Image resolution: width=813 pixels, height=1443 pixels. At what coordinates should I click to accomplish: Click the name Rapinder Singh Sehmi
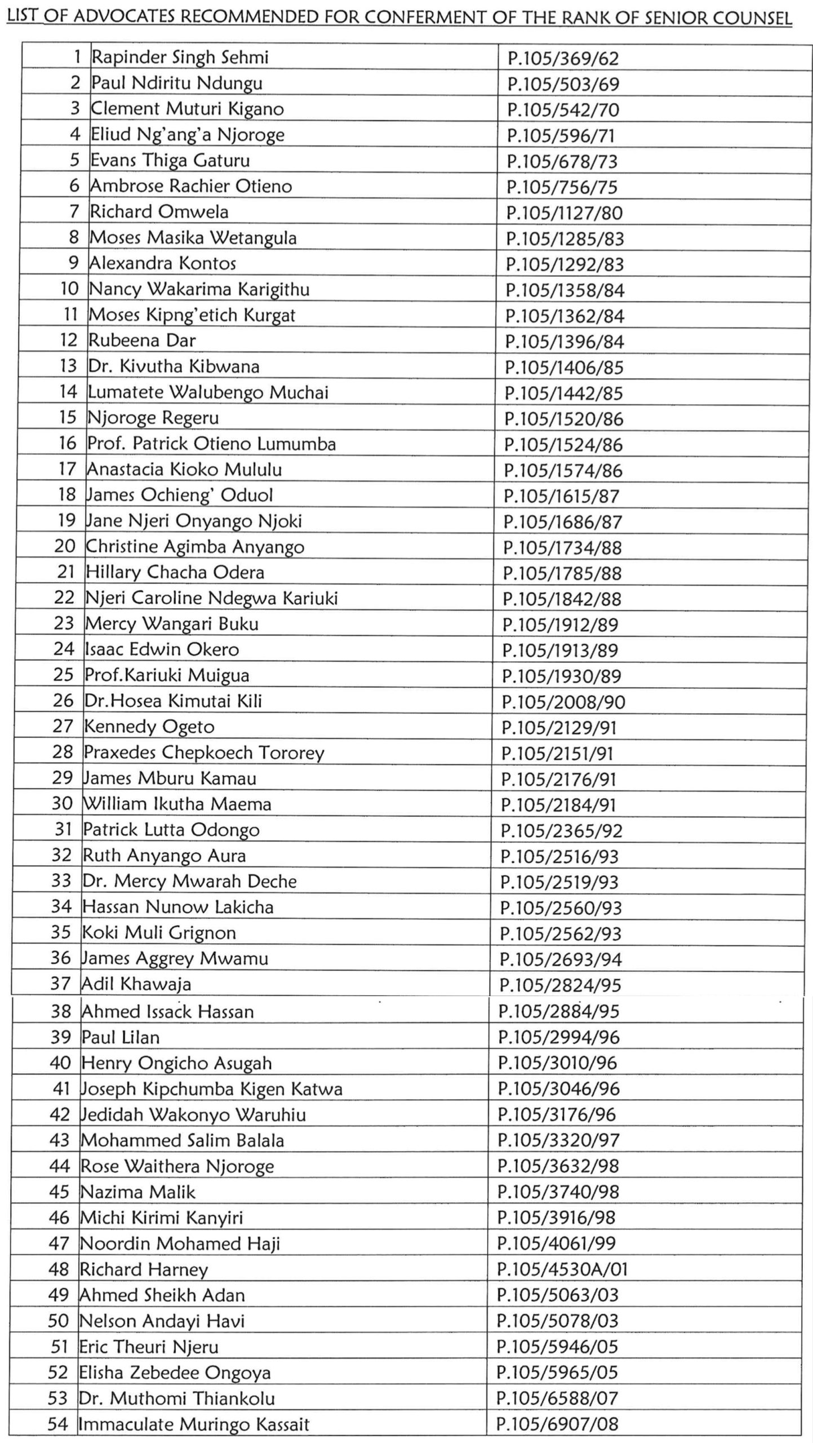tap(180, 57)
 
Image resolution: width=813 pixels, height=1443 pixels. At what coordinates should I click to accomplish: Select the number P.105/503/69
tap(563, 84)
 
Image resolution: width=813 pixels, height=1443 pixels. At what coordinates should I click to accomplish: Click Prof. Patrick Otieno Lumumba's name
tap(211, 444)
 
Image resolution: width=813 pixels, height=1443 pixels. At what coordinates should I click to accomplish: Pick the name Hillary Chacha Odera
tap(175, 572)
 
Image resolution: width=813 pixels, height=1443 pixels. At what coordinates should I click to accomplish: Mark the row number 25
tap(64, 675)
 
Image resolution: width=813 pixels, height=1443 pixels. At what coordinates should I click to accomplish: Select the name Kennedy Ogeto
tap(149, 727)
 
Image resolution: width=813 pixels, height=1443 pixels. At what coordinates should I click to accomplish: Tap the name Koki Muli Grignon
tap(159, 932)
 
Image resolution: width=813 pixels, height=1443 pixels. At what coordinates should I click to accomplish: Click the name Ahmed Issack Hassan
tap(167, 1011)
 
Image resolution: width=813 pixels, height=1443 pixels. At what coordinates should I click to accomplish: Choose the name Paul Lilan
tap(120, 1037)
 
